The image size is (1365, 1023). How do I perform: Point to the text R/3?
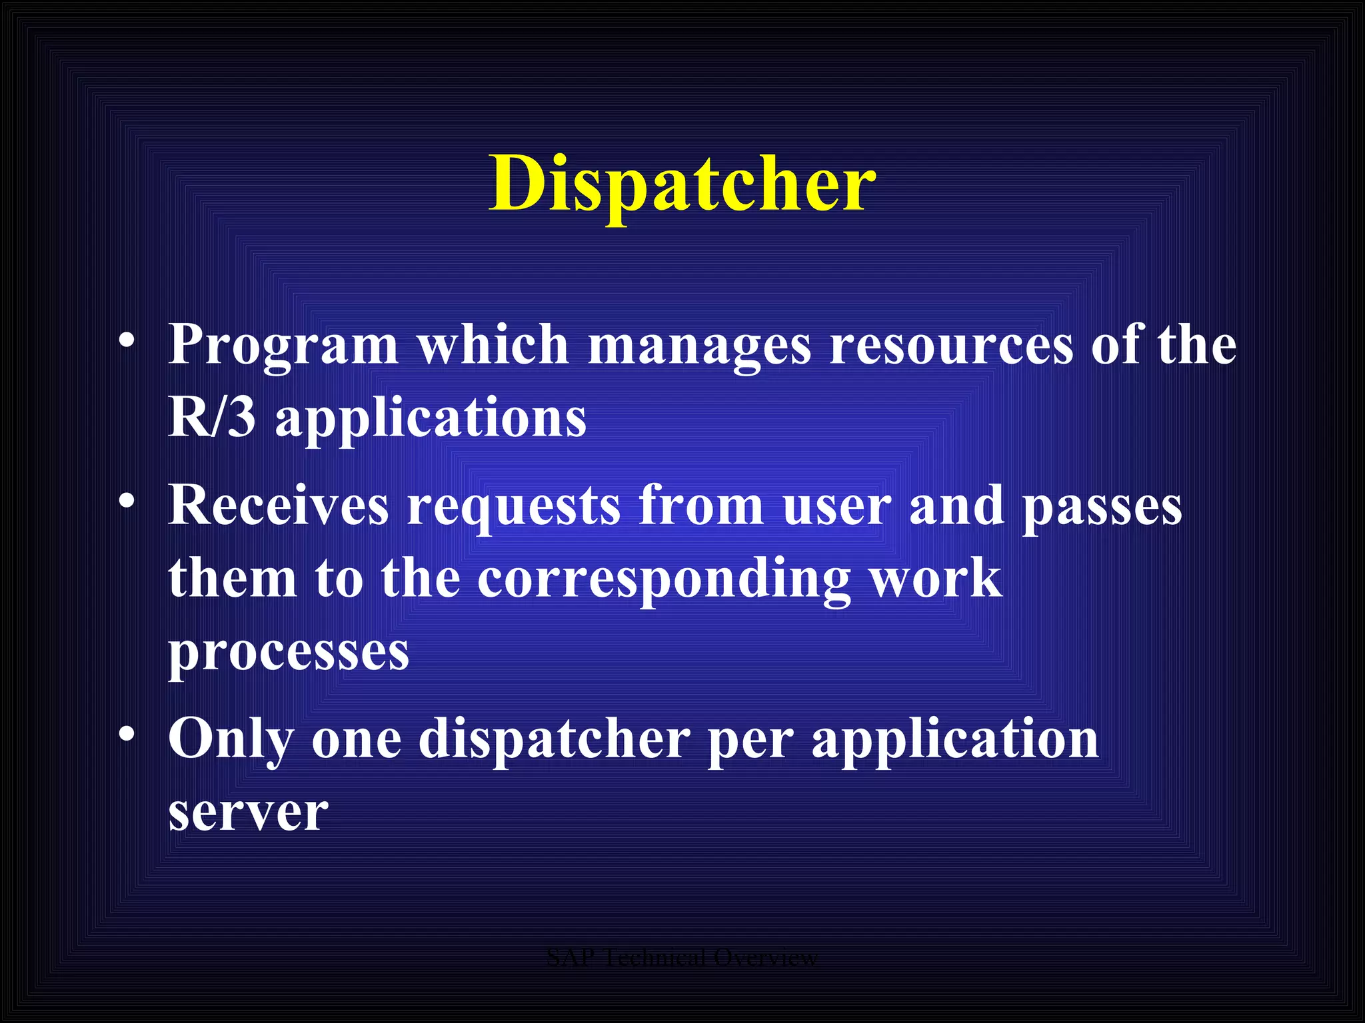coord(212,418)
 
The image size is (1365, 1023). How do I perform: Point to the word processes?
coord(289,653)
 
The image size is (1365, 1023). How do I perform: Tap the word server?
coord(248,813)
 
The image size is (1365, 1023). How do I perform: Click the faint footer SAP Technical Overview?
coord(682,958)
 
